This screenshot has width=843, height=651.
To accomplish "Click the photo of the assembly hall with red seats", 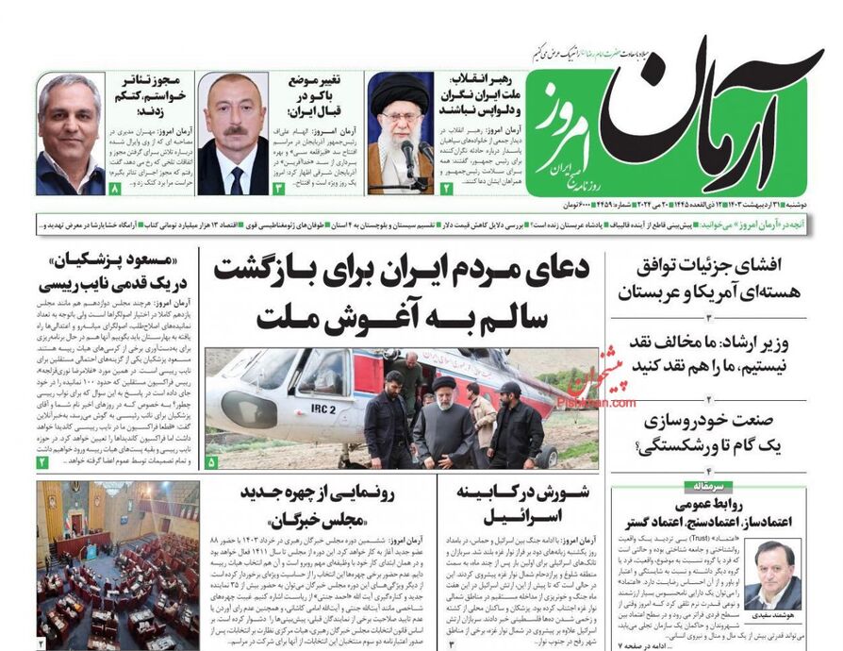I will click(x=119, y=564).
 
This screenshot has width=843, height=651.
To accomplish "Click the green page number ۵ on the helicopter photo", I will click(x=211, y=462).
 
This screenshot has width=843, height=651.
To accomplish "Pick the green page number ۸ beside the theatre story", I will click(x=115, y=189).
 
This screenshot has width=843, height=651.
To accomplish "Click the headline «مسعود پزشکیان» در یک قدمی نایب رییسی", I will click(x=116, y=272).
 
